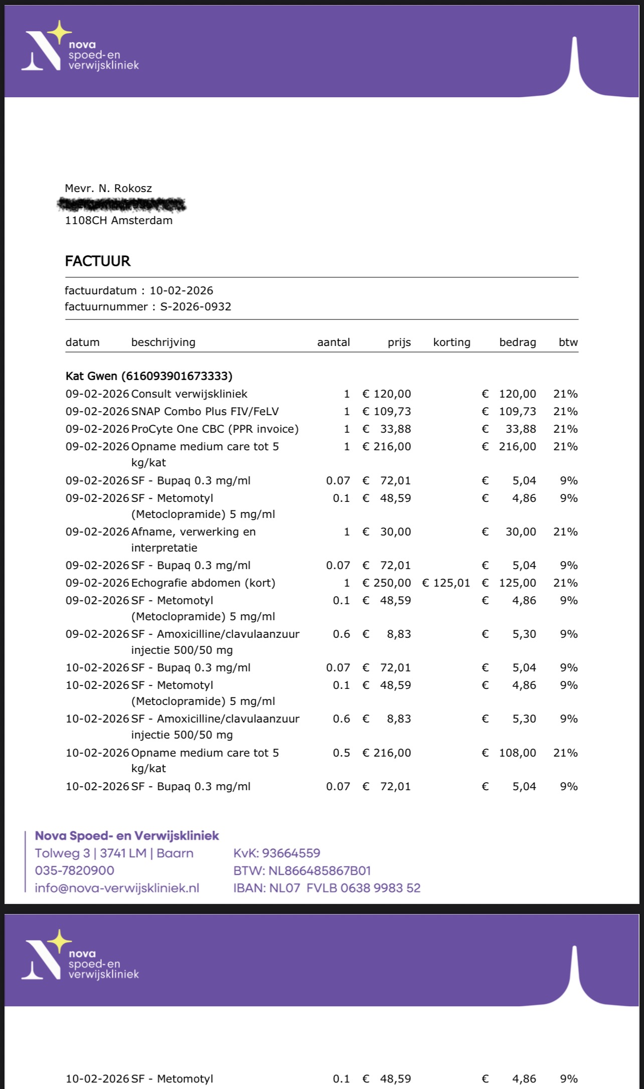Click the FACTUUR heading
click(x=98, y=261)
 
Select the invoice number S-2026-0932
click(x=196, y=307)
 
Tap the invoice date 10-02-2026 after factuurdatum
click(x=181, y=291)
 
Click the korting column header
click(x=451, y=342)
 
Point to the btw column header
click(x=568, y=342)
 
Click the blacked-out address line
click(x=121, y=205)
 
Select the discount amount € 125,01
click(x=446, y=583)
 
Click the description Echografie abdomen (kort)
click(x=203, y=583)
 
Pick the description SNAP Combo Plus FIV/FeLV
click(x=205, y=412)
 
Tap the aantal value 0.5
click(x=342, y=753)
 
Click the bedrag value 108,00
click(x=517, y=753)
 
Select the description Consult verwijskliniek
click(x=189, y=394)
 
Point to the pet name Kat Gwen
click(x=91, y=376)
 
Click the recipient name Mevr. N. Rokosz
click(x=108, y=189)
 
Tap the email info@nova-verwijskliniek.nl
click(x=117, y=888)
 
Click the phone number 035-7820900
click(x=74, y=870)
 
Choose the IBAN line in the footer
click(x=327, y=888)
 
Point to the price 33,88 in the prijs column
click(x=395, y=429)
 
